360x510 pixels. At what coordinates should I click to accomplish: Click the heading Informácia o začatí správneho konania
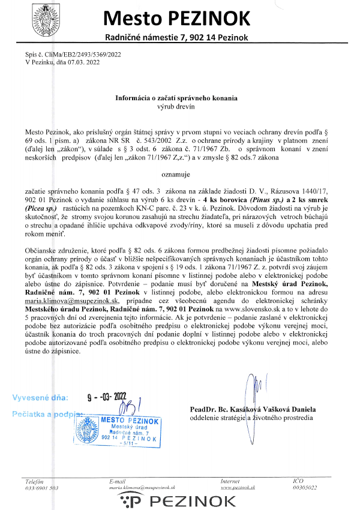coord(176,98)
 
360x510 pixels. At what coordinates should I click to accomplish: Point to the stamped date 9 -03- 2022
coord(107,396)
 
